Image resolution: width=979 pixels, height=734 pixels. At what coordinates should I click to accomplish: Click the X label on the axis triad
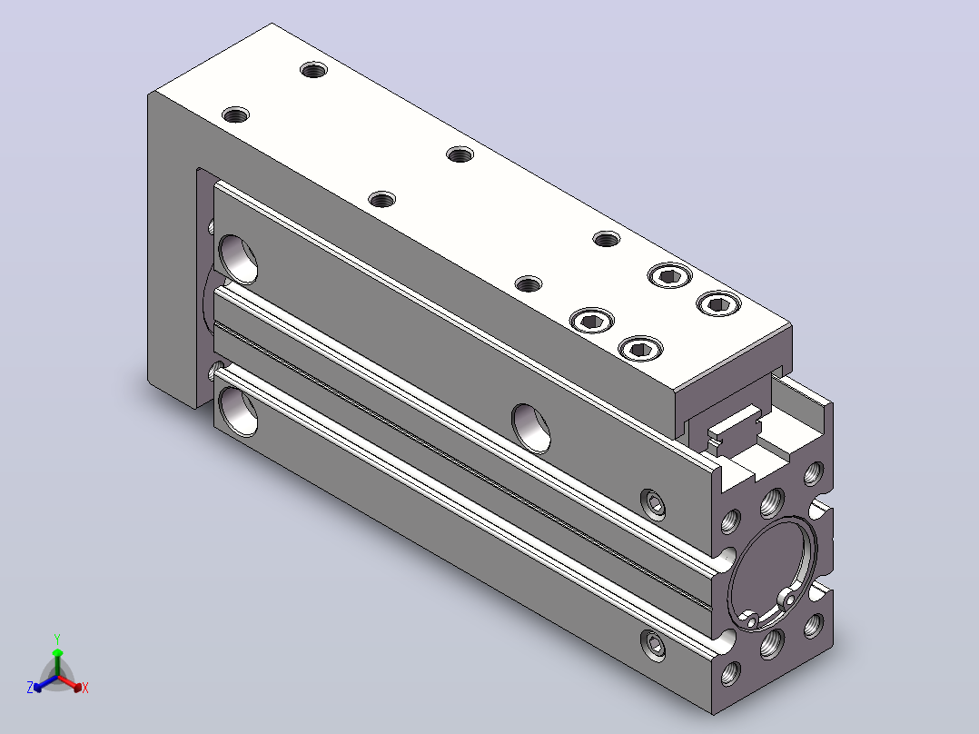pos(85,688)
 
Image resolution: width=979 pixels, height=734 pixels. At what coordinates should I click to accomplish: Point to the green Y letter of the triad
pos(57,639)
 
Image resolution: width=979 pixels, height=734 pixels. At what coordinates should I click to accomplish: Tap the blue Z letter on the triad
pos(30,687)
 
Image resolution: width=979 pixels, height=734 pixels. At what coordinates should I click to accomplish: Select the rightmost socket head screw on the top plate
pos(718,304)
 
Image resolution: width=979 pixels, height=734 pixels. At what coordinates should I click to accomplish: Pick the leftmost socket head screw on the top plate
pos(591,321)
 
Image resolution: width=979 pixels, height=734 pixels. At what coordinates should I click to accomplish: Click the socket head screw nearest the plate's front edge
pos(640,349)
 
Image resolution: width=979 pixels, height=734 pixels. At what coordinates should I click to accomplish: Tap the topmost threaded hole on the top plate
pos(313,69)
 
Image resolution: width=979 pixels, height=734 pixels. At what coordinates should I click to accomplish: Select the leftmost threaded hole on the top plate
pos(235,115)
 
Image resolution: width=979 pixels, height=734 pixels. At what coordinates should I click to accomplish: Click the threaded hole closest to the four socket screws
pos(607,239)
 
